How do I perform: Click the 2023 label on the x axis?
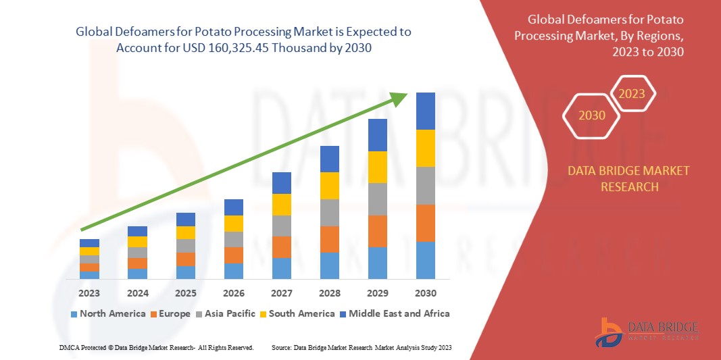pos(89,293)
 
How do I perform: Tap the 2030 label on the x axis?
pos(426,293)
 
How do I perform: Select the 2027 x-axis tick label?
pos(282,293)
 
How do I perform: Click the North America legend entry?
pos(108,313)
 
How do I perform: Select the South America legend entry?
pos(297,313)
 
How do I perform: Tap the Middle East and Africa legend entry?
pos(395,313)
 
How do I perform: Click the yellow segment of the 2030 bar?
pos(426,148)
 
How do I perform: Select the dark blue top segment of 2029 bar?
pos(378,135)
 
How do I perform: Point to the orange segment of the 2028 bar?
pos(330,239)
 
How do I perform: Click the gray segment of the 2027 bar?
pos(282,226)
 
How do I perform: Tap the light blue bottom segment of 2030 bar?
pos(426,260)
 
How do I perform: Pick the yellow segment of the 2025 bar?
pos(186,232)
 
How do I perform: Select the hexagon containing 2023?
pos(632,94)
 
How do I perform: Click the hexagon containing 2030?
pos(592,115)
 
